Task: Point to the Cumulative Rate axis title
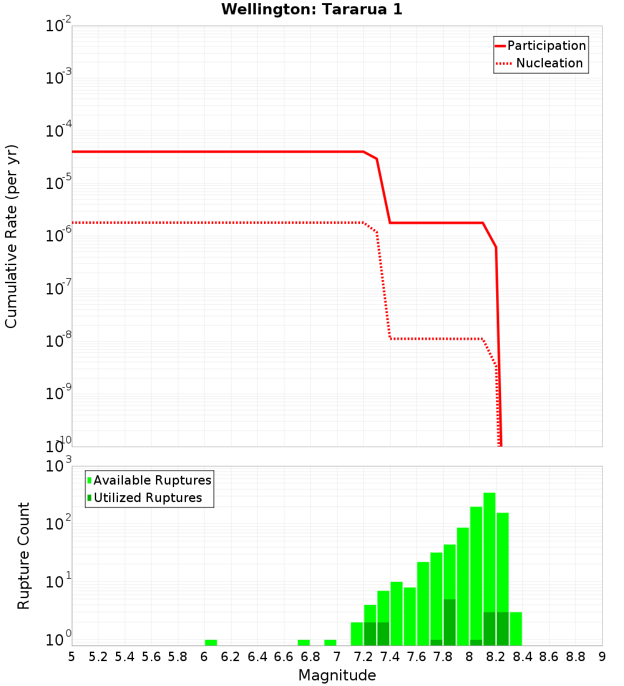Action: [11, 236]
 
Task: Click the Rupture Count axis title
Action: [24, 555]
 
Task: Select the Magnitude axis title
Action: [337, 675]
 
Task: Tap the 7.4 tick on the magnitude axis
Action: [390, 657]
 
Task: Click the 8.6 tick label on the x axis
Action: [549, 657]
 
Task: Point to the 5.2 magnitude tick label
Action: [98, 657]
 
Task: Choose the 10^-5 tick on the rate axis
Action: [56, 183]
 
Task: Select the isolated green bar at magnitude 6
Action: [211, 642]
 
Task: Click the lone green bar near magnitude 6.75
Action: [304, 642]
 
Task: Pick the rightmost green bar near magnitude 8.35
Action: [516, 629]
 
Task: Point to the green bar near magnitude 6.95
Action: [330, 642]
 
